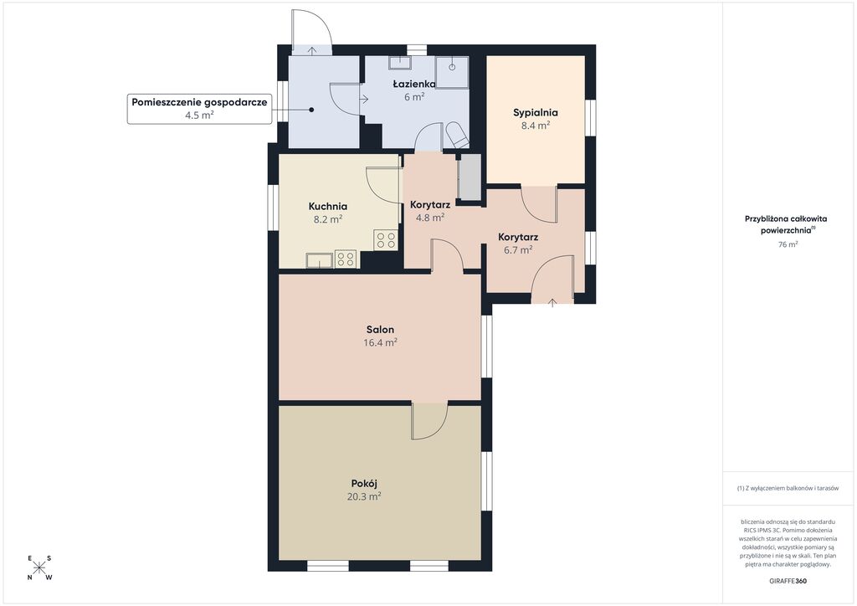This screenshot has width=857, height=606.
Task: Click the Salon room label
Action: (380, 330)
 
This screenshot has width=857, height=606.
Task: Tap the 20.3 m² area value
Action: (364, 496)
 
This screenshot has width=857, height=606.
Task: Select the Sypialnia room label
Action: (535, 113)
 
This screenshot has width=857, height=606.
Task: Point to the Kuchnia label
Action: (328, 206)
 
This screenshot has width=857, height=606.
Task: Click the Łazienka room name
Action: (414, 84)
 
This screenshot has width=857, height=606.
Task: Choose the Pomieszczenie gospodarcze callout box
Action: (199, 108)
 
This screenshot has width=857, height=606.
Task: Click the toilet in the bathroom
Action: (457, 135)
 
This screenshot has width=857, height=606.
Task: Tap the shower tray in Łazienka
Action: (452, 72)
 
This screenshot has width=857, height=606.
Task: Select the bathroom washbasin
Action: (400, 62)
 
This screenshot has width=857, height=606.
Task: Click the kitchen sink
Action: (319, 260)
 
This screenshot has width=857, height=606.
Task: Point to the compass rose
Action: (39, 567)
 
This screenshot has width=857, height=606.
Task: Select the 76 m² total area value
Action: (788, 244)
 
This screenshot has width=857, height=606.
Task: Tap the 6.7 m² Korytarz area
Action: (518, 249)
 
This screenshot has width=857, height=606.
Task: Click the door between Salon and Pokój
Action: (429, 421)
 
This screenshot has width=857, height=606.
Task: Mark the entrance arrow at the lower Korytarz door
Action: (552, 301)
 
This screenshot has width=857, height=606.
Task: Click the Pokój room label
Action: (364, 484)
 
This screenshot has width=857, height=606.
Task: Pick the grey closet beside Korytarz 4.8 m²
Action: (470, 177)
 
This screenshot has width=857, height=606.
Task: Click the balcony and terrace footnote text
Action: (788, 488)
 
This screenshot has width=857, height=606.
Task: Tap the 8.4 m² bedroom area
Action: (536, 126)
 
